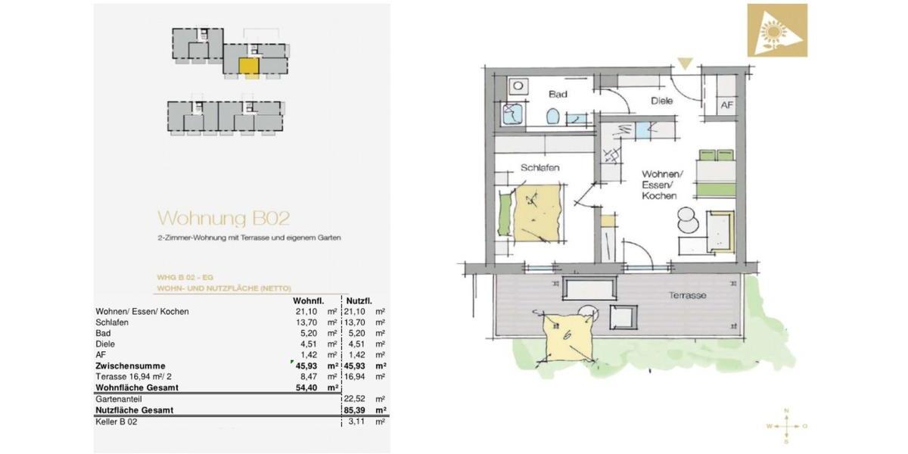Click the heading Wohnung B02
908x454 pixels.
tap(223, 219)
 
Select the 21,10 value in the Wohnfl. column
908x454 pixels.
tap(306, 311)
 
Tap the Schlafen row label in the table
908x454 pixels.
tap(112, 322)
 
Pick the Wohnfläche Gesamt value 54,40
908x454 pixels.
tap(306, 387)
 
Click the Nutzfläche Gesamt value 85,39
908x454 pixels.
tap(355, 410)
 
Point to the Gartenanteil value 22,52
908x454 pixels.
tap(355, 399)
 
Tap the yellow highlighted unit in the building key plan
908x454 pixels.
tap(249, 66)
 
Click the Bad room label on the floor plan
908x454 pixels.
tap(558, 95)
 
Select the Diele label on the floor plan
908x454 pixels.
tap(662, 101)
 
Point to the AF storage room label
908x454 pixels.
tap(726, 105)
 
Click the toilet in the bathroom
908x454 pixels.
tap(552, 117)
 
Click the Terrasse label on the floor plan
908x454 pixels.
tap(686, 295)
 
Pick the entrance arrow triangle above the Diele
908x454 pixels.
tap(684, 64)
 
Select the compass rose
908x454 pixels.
tap(787, 426)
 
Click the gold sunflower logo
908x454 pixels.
tap(777, 30)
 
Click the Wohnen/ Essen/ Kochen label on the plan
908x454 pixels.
tap(658, 184)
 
